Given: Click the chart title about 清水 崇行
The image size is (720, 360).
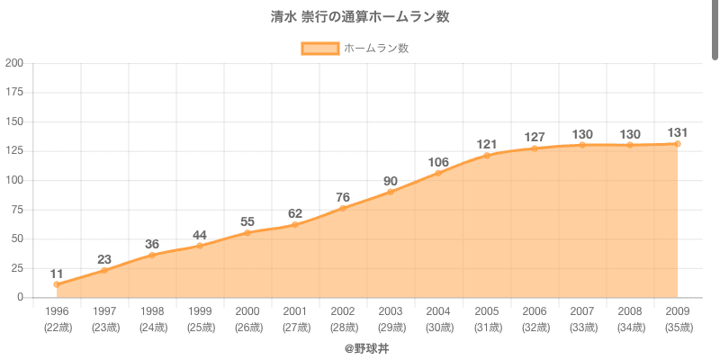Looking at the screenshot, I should tap(360, 17).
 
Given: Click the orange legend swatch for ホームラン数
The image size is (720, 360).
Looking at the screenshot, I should tap(319, 49).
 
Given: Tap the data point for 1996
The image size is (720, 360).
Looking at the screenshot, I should tap(57, 284).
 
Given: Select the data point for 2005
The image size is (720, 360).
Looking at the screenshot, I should tap(487, 156).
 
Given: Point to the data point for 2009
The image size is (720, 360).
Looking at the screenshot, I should tap(678, 144).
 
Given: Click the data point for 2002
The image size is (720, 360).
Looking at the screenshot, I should tap(344, 208).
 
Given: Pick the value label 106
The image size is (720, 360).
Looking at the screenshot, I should tap(439, 162).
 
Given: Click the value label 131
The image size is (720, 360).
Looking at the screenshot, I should tap(678, 133).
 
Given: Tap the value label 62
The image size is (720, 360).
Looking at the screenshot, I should tap(296, 213).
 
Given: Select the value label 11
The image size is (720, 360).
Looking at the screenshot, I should tap(57, 274).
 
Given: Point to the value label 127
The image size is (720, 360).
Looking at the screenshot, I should tap(535, 138).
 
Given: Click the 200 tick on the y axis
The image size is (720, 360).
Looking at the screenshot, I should tap(14, 63).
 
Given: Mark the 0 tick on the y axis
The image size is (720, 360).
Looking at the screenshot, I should tap(21, 297).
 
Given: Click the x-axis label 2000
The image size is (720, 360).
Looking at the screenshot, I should tap(247, 311).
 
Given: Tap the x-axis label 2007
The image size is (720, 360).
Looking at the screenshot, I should tap(582, 311).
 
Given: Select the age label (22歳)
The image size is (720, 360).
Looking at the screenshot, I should tap(57, 327).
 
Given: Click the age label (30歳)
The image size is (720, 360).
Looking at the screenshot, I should tap(439, 327).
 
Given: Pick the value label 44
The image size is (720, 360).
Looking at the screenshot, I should tap(200, 235).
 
